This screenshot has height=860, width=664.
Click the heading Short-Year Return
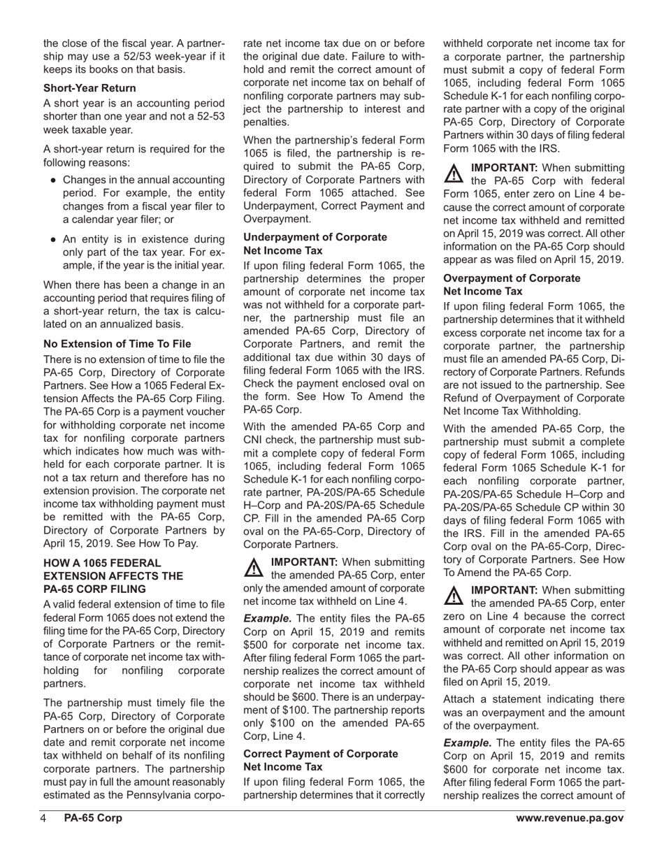pyautogui.click(x=89, y=88)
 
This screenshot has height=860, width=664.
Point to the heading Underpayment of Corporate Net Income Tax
pyautogui.click(x=315, y=243)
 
